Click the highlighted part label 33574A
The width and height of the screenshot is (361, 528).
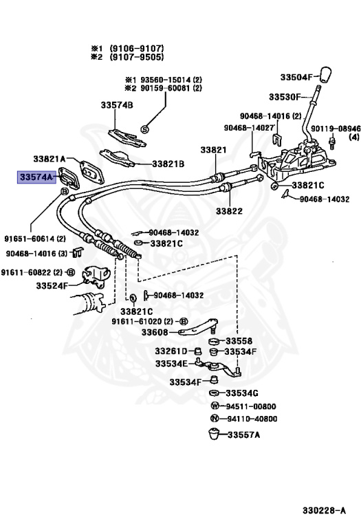pyautogui.click(x=36, y=177)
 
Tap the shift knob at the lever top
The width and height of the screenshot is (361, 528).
pyautogui.click(x=325, y=75)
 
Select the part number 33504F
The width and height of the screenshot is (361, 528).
pyautogui.click(x=296, y=77)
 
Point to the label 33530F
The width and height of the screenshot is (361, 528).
pyautogui.click(x=285, y=97)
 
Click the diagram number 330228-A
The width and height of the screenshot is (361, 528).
pyautogui.click(x=324, y=511)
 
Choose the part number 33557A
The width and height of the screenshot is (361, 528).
pyautogui.click(x=244, y=434)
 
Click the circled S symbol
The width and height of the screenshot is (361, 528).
pyautogui.click(x=144, y=129)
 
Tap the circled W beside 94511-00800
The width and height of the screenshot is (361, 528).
pyautogui.click(x=215, y=406)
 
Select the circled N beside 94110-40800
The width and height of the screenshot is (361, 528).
pyautogui.click(x=215, y=418)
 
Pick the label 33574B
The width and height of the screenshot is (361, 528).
pyautogui.click(x=117, y=105)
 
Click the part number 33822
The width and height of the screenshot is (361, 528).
pyautogui.click(x=229, y=211)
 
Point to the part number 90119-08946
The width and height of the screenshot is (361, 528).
pyautogui.click(x=336, y=129)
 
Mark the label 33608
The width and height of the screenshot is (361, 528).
pyautogui.click(x=155, y=332)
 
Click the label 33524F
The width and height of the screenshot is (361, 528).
pyautogui.click(x=52, y=285)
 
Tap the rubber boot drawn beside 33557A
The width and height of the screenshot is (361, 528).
pyautogui.click(x=213, y=434)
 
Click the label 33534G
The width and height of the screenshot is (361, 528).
pyautogui.click(x=242, y=393)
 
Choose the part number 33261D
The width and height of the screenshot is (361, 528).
pyautogui.click(x=171, y=351)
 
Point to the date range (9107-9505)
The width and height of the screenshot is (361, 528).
pyautogui.click(x=137, y=56)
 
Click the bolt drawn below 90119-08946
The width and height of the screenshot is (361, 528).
pyautogui.click(x=332, y=143)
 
